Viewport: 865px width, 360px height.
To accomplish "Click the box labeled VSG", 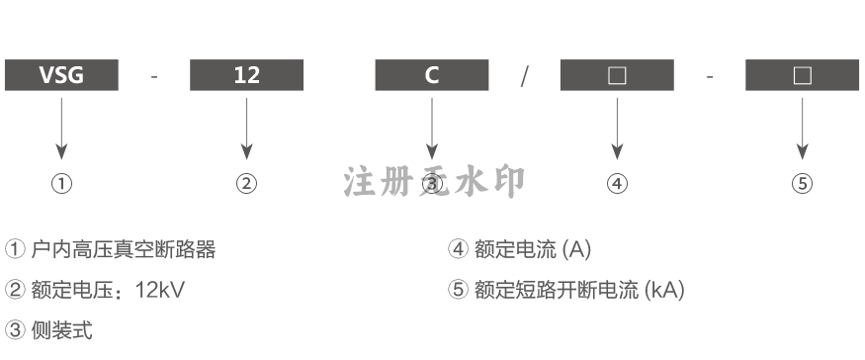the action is pyautogui.click(x=61, y=75).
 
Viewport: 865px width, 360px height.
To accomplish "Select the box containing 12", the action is pyautogui.click(x=246, y=75).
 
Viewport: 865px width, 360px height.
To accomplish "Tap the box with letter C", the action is pyautogui.click(x=432, y=75).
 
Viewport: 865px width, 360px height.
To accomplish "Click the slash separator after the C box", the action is pyautogui.click(x=525, y=76).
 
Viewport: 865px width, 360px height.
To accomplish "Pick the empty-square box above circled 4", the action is pyautogui.click(x=617, y=75).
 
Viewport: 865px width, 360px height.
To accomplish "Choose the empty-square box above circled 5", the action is pyautogui.click(x=802, y=75).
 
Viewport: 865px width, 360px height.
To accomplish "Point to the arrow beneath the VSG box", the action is pyautogui.click(x=61, y=129).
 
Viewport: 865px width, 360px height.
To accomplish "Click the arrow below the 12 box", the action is pyautogui.click(x=246, y=129).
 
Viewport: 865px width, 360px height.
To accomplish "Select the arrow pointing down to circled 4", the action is pyautogui.click(x=617, y=129).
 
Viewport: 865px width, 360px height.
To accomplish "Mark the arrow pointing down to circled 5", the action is pyautogui.click(x=802, y=129).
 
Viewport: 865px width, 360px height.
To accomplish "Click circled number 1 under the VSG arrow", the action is pyautogui.click(x=61, y=183).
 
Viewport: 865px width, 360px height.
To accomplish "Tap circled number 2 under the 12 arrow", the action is pyautogui.click(x=246, y=183).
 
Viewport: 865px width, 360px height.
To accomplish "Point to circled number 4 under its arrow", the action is pyautogui.click(x=617, y=183).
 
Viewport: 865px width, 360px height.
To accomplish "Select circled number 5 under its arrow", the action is pyautogui.click(x=802, y=183).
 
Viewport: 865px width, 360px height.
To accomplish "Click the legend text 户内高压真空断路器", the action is pyautogui.click(x=123, y=249).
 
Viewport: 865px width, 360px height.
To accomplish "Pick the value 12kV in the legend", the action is pyautogui.click(x=160, y=290).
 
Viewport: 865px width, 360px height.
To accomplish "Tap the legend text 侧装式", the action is pyautogui.click(x=61, y=330).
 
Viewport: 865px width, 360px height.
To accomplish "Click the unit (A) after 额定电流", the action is pyautogui.click(x=576, y=249).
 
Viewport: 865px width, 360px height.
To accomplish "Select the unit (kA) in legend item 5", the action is pyautogui.click(x=664, y=290).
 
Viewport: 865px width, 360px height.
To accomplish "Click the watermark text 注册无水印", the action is pyautogui.click(x=434, y=181).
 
